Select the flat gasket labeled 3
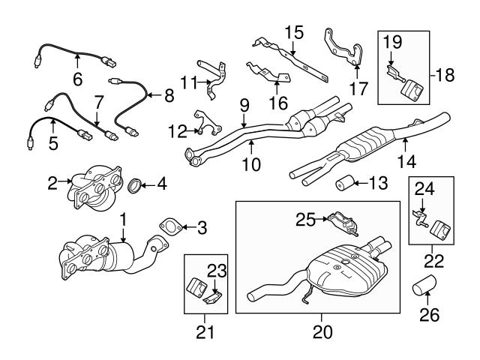click(x=171, y=224)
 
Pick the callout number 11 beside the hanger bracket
click(x=187, y=81)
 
